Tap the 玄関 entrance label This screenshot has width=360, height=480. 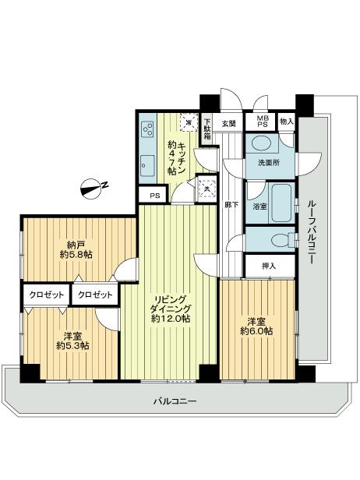coord(228,123)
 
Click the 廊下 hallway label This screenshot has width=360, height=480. coord(231,204)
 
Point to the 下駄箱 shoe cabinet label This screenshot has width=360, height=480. coord(207,129)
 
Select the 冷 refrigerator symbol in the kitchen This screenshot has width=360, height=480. coord(187,122)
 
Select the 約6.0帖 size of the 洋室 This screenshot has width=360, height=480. coord(259,331)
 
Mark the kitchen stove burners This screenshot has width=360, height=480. coord(147,129)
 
